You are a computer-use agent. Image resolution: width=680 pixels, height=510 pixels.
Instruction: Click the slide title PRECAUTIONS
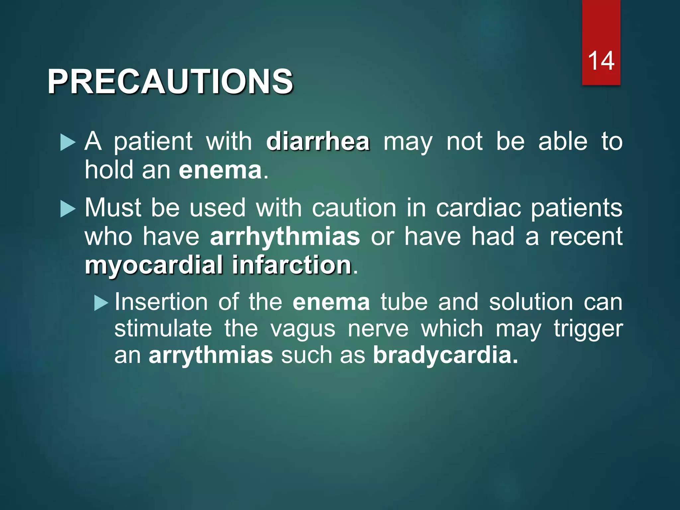(170, 82)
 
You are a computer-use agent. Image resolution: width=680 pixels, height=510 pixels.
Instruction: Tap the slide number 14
(601, 61)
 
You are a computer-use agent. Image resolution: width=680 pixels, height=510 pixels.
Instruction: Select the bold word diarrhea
(318, 142)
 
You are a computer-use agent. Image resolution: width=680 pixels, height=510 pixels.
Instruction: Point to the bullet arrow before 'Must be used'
(68, 210)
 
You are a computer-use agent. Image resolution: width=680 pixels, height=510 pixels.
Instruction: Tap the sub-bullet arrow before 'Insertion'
(101, 303)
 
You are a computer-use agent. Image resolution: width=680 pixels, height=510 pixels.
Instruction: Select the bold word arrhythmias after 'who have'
(285, 237)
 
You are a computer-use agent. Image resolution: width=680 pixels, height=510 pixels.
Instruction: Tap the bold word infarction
(292, 265)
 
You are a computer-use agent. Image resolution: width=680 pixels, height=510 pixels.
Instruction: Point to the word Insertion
(161, 302)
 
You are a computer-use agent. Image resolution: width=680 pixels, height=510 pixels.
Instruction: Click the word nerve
(378, 329)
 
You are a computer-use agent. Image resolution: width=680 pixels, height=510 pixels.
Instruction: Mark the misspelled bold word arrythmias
(211, 355)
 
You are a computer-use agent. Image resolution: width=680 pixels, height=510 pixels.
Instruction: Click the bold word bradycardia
(445, 355)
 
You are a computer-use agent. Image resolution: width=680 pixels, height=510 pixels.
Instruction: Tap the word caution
(354, 209)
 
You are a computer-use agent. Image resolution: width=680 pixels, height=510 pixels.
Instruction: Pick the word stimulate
(163, 329)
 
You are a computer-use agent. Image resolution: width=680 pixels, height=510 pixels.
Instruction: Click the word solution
(531, 302)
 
